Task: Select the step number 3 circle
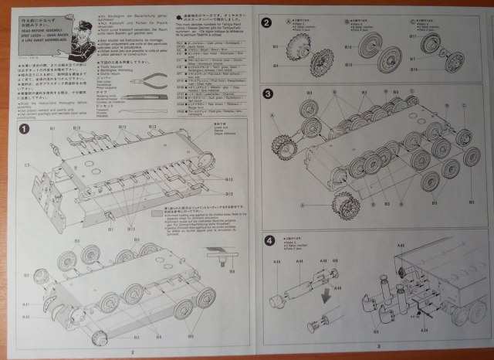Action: click(266, 94)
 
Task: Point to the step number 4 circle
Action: click(267, 240)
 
